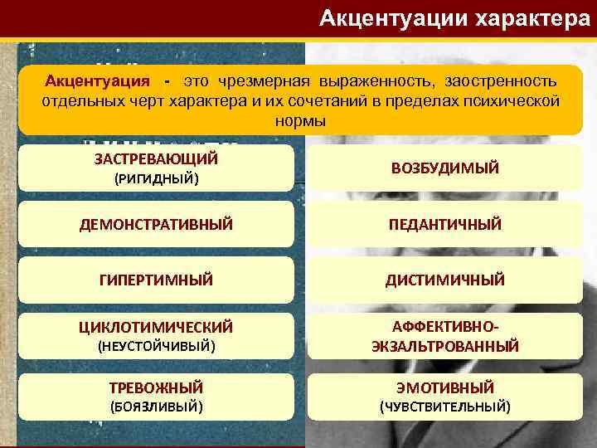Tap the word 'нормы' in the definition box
coord(300,120)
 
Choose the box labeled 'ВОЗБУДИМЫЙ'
coord(444,168)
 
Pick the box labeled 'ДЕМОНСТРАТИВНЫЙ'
coord(156,224)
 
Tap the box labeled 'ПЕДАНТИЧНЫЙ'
coord(444,224)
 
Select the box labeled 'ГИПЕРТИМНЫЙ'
coord(156,280)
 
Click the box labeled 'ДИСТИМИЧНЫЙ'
coord(444,280)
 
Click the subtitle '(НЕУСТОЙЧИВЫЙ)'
coord(156,346)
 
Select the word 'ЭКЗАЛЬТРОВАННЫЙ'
coord(444,346)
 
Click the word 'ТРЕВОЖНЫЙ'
coord(156,387)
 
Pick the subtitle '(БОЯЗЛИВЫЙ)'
coord(156,407)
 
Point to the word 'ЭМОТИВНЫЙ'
coord(444,387)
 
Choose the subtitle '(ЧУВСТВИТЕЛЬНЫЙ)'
coord(444,407)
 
